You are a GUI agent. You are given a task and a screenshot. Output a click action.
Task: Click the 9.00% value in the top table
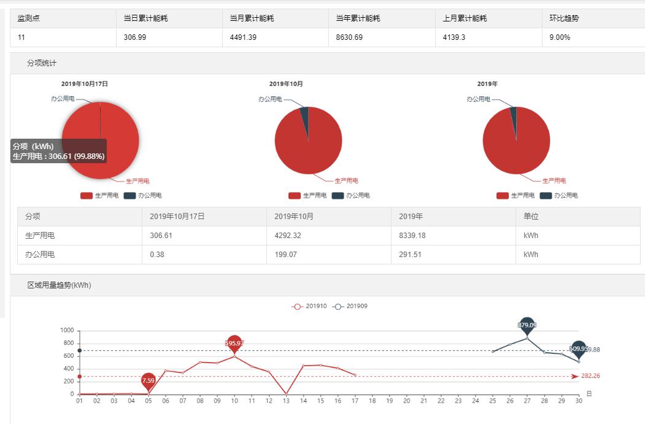click(560, 37)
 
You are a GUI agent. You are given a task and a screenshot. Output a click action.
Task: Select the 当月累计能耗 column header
click(252, 18)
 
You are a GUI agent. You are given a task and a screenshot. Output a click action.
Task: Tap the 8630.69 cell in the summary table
click(349, 37)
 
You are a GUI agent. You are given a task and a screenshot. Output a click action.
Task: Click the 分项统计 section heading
click(42, 63)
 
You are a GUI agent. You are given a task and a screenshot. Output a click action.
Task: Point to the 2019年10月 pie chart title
click(286, 83)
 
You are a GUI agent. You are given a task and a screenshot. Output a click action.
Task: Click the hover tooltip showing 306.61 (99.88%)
click(59, 152)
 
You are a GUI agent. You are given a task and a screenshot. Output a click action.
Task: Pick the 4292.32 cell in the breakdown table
click(288, 236)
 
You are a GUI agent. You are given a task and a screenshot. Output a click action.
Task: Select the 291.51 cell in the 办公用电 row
click(411, 254)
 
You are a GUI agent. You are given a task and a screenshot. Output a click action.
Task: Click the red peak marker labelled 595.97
click(234, 343)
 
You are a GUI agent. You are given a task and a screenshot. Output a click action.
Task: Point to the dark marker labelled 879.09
click(527, 325)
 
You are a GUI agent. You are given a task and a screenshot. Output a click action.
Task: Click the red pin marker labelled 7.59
click(148, 380)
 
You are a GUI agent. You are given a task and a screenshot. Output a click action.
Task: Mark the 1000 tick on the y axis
click(67, 331)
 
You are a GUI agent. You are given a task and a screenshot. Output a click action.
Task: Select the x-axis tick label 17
click(355, 401)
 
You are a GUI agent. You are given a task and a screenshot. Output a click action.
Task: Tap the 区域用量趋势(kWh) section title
click(59, 285)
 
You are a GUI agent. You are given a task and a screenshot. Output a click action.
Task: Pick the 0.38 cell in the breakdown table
click(158, 254)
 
